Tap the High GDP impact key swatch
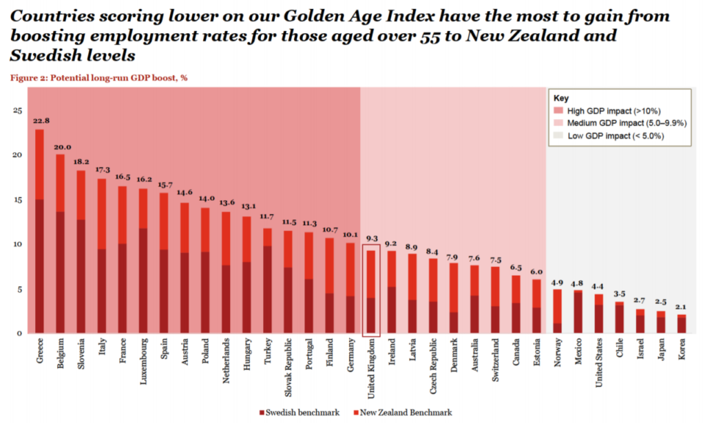click(558, 110)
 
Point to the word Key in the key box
click(561, 98)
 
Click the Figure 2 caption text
click(98, 77)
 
